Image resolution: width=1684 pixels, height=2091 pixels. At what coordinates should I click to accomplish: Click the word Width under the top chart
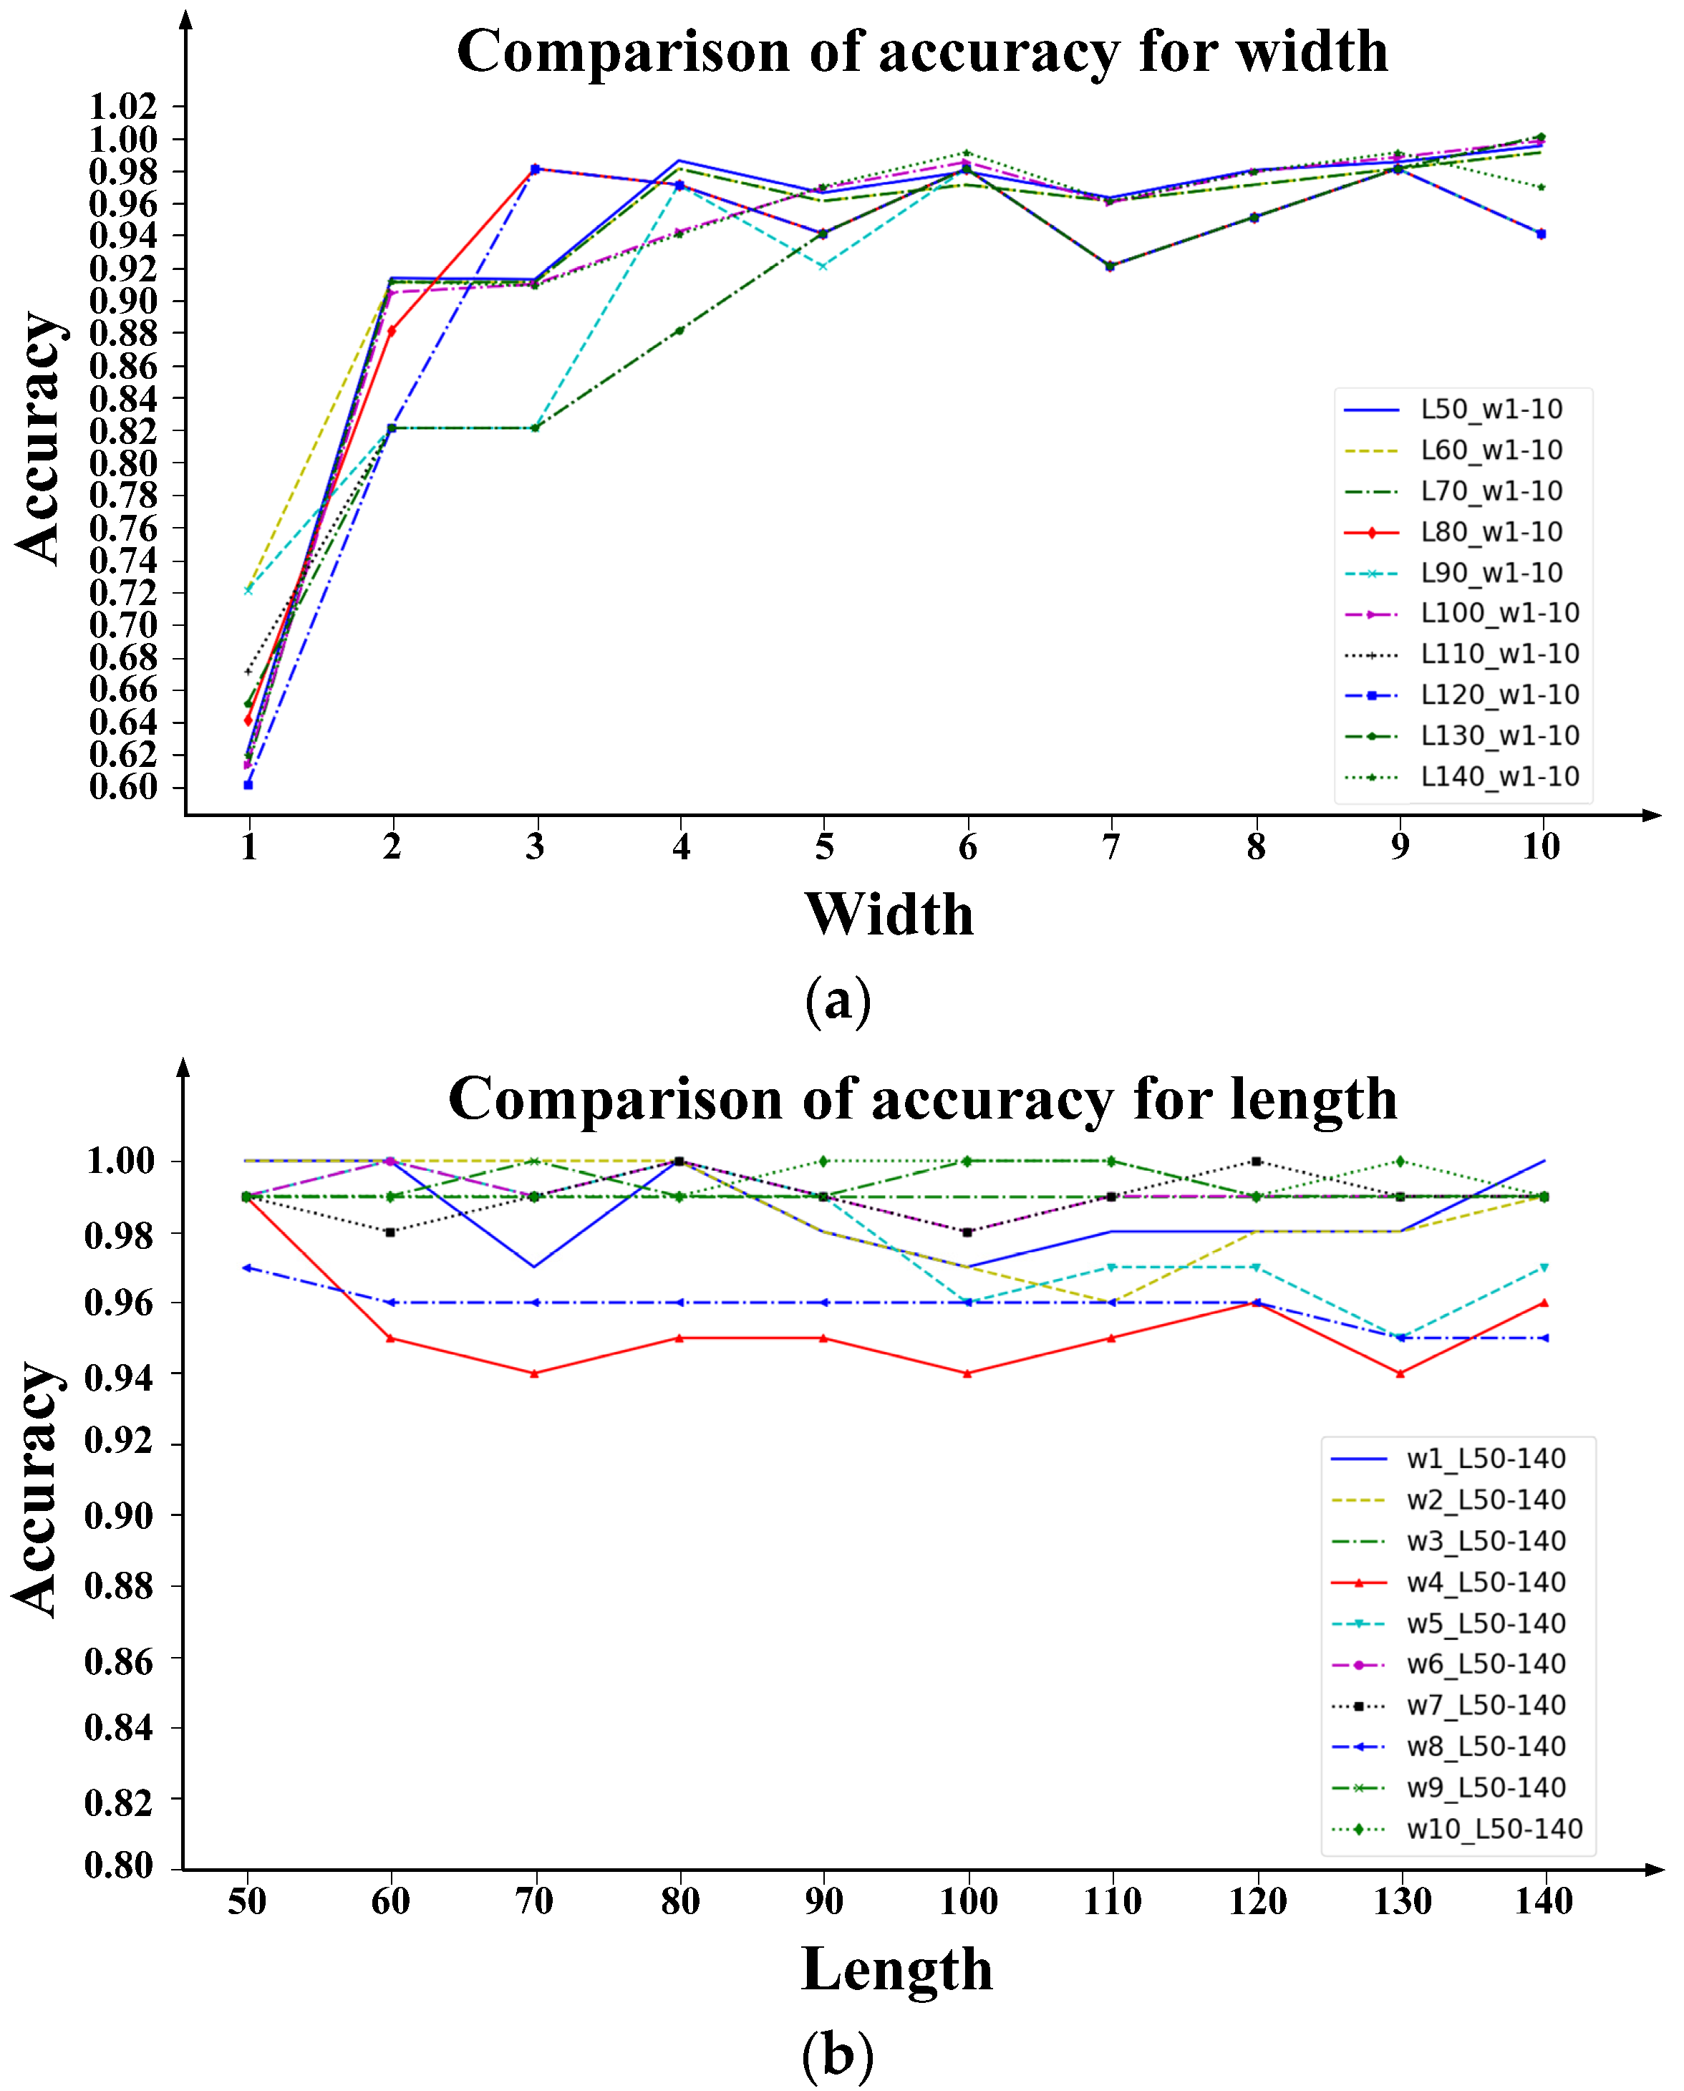(889, 914)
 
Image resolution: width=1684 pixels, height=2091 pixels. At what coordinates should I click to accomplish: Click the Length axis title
(896, 1970)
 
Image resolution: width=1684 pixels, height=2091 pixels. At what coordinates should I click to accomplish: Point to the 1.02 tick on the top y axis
(123, 106)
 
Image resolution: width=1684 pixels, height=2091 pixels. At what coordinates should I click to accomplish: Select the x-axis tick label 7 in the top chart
(1110, 847)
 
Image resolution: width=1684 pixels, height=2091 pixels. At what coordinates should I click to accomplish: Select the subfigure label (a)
(838, 1000)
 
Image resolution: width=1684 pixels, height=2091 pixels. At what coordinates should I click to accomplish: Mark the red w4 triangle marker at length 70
(535, 1373)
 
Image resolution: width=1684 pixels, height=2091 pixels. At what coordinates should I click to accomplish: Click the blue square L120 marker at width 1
(248, 784)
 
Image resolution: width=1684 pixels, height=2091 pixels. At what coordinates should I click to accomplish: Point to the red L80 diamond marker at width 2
(392, 331)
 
